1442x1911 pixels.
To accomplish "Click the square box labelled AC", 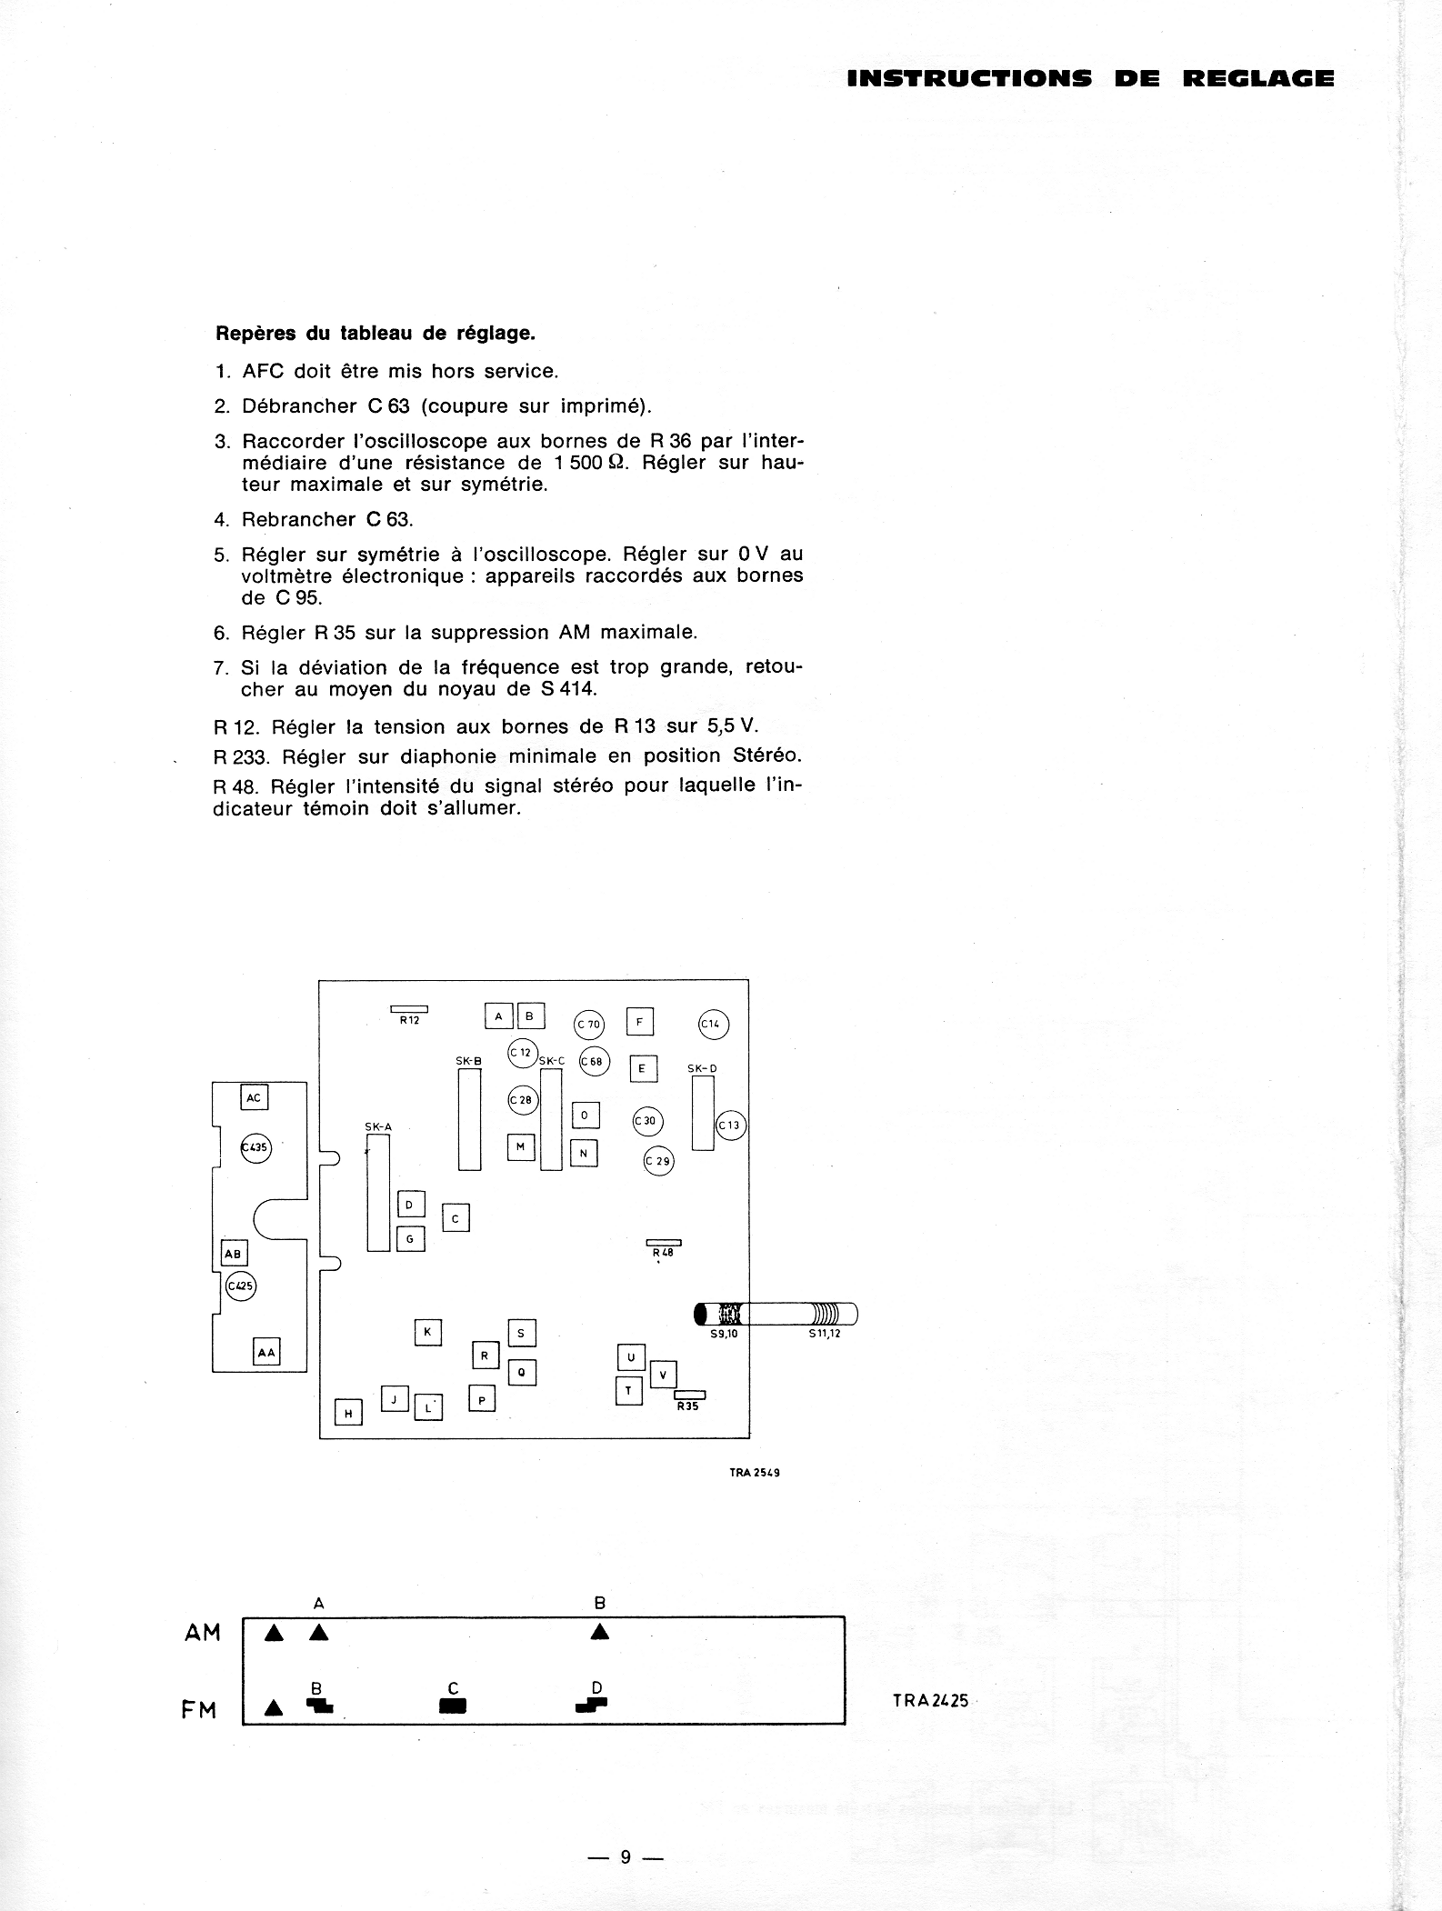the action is [254, 1097].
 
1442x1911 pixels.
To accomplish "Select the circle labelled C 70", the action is [588, 1025].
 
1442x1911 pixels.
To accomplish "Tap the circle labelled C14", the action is [713, 1024].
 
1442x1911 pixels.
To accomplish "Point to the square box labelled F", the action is [640, 1022].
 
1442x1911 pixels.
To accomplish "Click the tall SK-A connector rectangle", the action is [378, 1192].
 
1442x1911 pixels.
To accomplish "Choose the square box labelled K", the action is [427, 1333].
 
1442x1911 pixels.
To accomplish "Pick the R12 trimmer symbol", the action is [409, 1009].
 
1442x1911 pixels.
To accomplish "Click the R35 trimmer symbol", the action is [689, 1396].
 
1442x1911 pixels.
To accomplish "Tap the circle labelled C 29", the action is [658, 1161].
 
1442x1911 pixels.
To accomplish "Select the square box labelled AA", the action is [266, 1352].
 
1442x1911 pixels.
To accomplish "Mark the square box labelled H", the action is [348, 1413].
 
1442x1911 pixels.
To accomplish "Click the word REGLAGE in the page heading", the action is [1258, 79].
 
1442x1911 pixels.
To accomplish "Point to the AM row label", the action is [202, 1633].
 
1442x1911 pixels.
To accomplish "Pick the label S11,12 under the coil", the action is [824, 1334].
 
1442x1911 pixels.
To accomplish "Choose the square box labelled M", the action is [521, 1146].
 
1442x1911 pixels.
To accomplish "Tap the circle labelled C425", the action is [241, 1286].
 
